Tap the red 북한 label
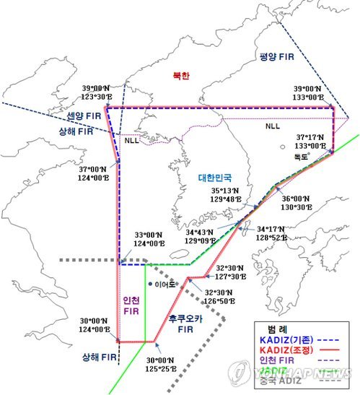(x=180, y=75)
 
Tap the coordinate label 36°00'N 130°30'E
(x=297, y=202)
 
